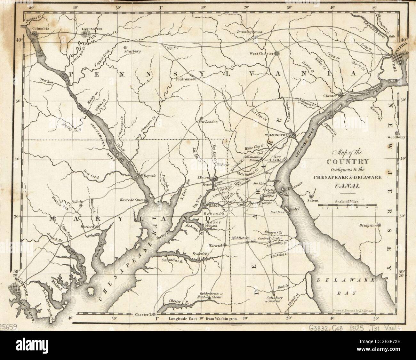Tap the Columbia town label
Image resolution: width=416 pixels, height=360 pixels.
click(x=40, y=28)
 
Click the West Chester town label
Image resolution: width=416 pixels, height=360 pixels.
click(x=261, y=53)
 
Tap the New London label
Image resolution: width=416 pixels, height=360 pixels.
click(x=208, y=122)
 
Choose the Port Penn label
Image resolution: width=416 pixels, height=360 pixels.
click(x=277, y=212)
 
